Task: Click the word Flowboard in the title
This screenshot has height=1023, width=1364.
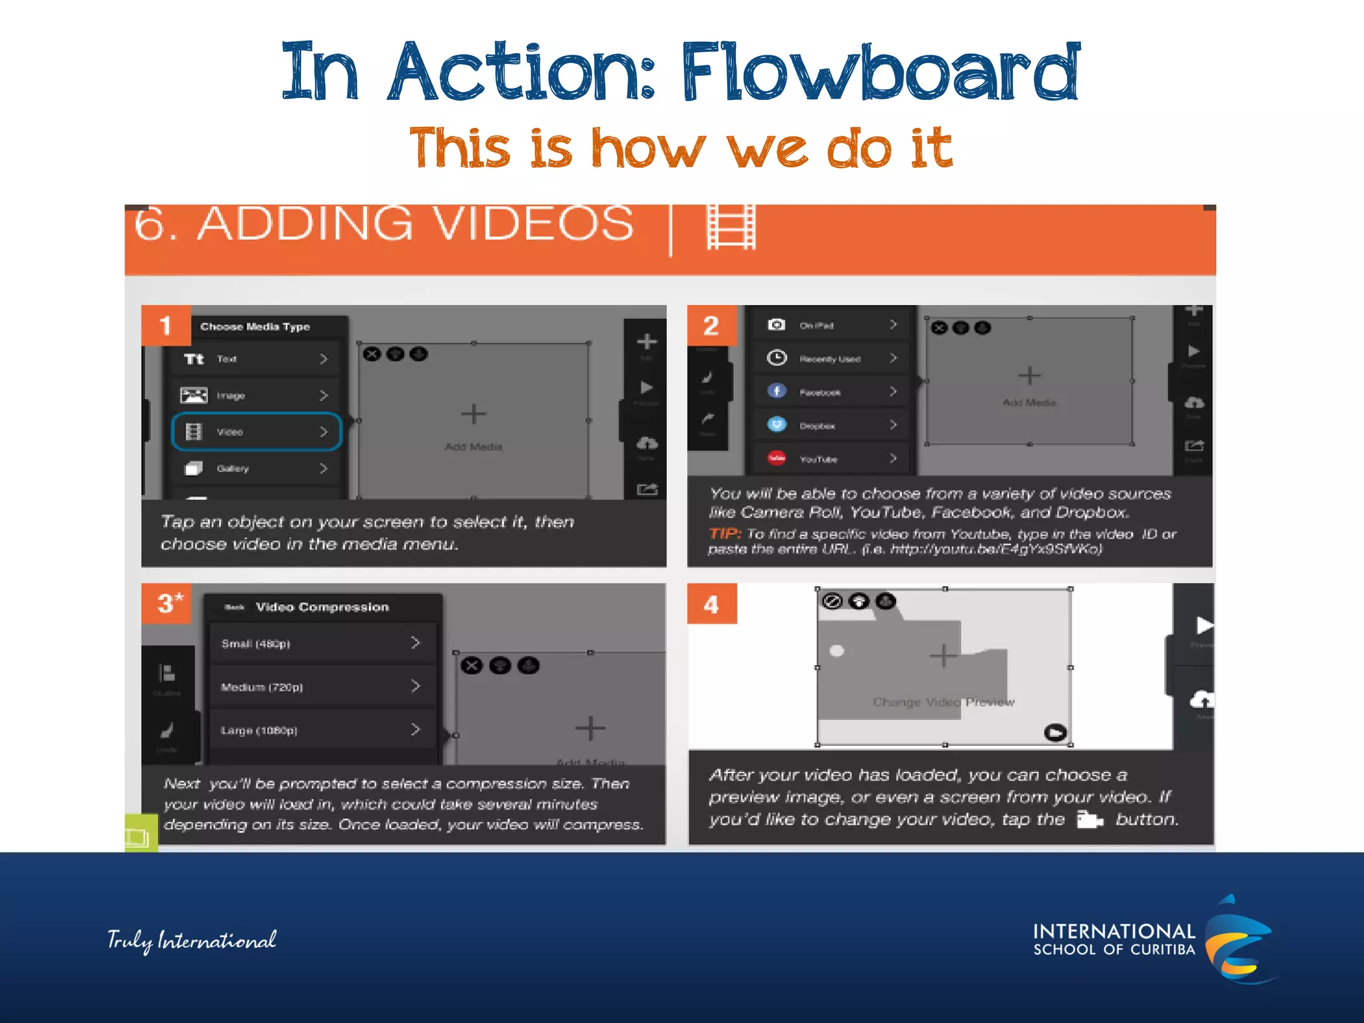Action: [x=879, y=72]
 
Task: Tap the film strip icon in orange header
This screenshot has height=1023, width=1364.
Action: [x=731, y=226]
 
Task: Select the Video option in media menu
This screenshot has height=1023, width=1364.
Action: [x=256, y=432]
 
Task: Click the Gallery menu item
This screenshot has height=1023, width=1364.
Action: [x=256, y=469]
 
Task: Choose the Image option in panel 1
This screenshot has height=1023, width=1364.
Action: [x=256, y=396]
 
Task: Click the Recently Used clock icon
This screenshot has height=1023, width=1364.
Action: [x=777, y=358]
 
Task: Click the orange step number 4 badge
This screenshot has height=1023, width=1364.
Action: [x=711, y=604]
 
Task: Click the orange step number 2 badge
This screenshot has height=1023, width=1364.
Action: [x=711, y=326]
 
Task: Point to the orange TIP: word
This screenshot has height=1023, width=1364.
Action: [x=725, y=533]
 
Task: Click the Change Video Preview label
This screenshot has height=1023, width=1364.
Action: [x=943, y=702]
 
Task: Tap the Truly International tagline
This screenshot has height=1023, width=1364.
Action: [x=192, y=940]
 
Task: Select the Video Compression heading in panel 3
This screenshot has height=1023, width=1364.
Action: [x=322, y=607]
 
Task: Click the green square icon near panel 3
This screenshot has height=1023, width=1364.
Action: [x=140, y=834]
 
